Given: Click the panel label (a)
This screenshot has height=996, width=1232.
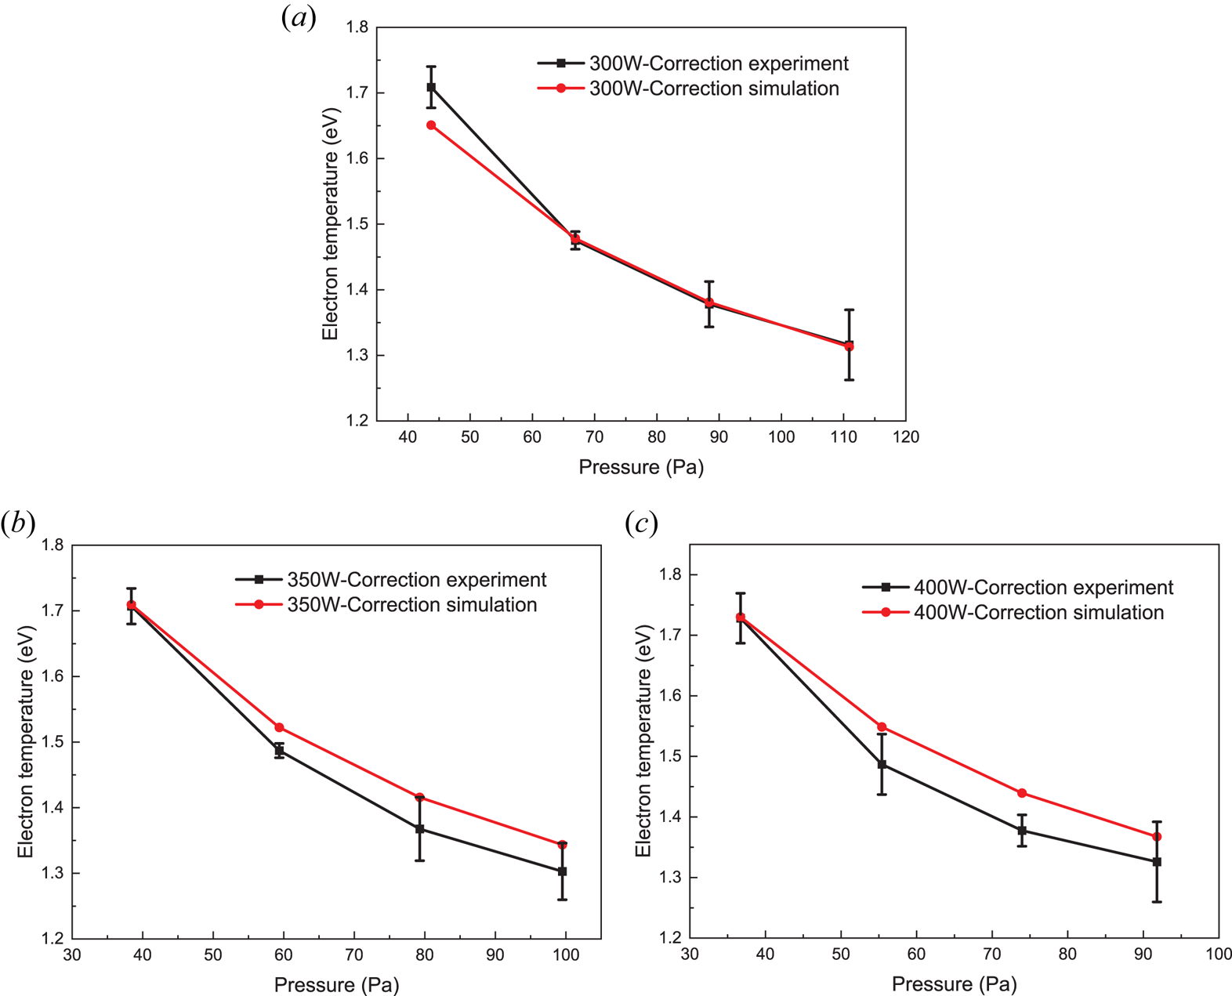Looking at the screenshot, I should [299, 18].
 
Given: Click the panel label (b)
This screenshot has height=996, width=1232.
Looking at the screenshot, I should [18, 523].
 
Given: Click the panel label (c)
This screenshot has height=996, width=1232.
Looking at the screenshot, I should [641, 523].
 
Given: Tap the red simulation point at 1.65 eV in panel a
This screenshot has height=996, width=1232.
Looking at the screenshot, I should [431, 125].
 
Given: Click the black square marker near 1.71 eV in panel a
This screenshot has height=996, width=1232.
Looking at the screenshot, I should [431, 87].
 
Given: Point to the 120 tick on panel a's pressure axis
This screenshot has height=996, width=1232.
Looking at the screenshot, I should [906, 437].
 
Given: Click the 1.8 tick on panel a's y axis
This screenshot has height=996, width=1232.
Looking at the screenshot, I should [357, 27].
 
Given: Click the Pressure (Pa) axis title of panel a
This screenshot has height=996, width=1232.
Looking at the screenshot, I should [641, 468].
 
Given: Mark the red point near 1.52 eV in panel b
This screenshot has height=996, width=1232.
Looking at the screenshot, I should [279, 728].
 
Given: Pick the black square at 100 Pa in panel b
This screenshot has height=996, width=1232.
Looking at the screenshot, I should [562, 871].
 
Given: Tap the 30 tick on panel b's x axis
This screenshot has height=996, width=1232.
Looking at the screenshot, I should [72, 955].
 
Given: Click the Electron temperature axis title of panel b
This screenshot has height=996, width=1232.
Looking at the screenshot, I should [26, 741].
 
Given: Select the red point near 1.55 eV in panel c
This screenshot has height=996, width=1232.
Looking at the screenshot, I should [882, 727].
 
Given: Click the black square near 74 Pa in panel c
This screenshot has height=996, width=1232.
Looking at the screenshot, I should [1022, 831].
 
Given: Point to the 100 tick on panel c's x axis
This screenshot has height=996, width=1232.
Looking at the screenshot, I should [1219, 954].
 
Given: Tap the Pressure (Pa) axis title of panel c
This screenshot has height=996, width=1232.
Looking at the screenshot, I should [954, 984].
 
